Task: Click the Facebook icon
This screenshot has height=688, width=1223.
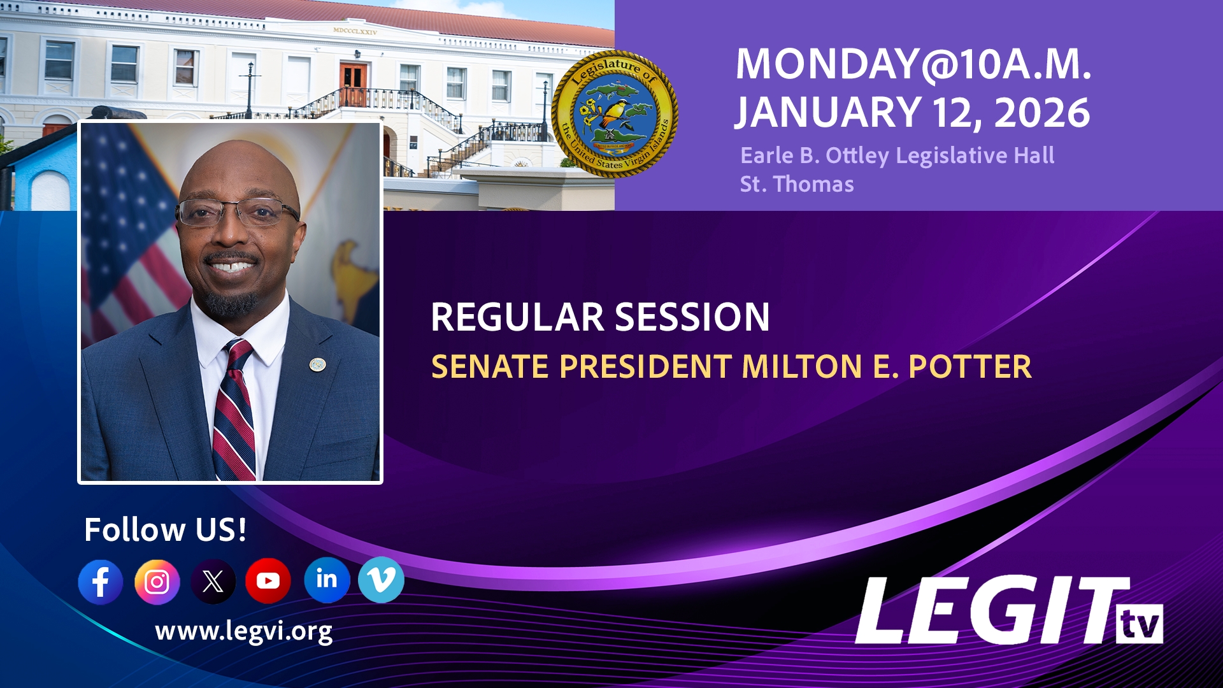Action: pos(101,582)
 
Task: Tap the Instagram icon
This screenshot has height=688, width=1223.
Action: pos(157,582)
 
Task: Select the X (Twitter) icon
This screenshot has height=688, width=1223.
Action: pos(213,581)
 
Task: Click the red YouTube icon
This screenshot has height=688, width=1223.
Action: pos(268,580)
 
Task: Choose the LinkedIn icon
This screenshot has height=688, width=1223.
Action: pos(327,580)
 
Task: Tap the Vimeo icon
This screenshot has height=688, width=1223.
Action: pos(381,580)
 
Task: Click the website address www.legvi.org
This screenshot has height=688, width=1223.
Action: pos(243,631)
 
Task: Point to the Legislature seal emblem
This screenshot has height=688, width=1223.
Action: pos(614,113)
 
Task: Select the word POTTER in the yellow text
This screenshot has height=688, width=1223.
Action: pos(969,366)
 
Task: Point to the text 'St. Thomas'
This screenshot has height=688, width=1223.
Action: pos(796,184)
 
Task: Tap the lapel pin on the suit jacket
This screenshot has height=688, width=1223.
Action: pos(317,364)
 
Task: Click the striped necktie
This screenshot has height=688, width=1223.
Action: pos(234,414)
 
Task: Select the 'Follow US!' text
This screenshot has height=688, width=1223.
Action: pos(165,529)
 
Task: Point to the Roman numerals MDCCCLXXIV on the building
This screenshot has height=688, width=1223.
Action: pos(355,31)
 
